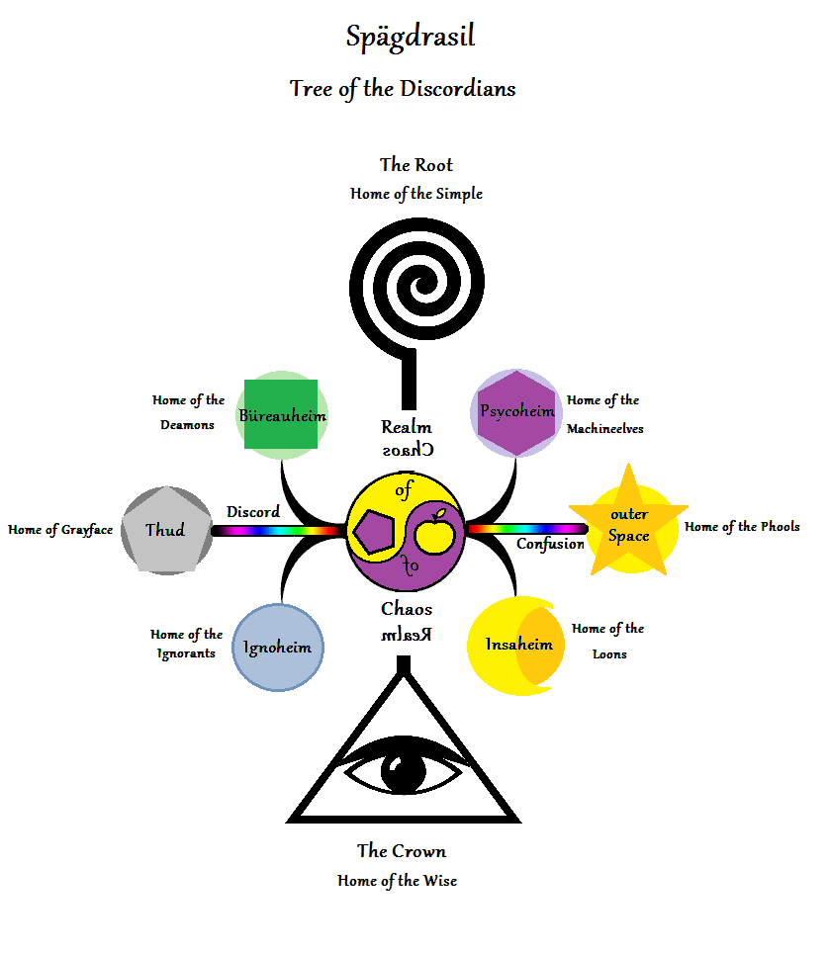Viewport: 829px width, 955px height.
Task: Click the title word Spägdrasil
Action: tap(411, 38)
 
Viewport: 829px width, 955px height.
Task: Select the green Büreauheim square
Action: tap(282, 414)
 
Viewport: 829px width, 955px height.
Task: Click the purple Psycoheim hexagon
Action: tap(516, 412)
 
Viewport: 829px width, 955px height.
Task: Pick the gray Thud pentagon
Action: tap(165, 531)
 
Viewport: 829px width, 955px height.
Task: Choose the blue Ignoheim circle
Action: tap(278, 648)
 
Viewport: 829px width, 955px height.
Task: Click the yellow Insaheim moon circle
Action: tap(515, 645)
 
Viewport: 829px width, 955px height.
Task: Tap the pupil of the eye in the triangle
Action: tap(404, 771)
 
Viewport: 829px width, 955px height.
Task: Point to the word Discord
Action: tap(253, 512)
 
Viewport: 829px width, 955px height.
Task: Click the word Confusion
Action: tap(550, 544)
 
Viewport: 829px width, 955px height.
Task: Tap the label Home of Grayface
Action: tap(60, 530)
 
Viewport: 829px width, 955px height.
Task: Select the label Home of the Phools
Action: tap(742, 527)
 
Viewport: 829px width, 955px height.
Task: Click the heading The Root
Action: tap(416, 164)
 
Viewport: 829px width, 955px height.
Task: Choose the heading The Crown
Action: tap(402, 851)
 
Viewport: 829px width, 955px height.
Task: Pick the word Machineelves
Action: tap(605, 429)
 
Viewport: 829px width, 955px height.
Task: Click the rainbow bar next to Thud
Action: tap(277, 531)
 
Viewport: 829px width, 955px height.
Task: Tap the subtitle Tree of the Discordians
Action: tap(403, 88)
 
